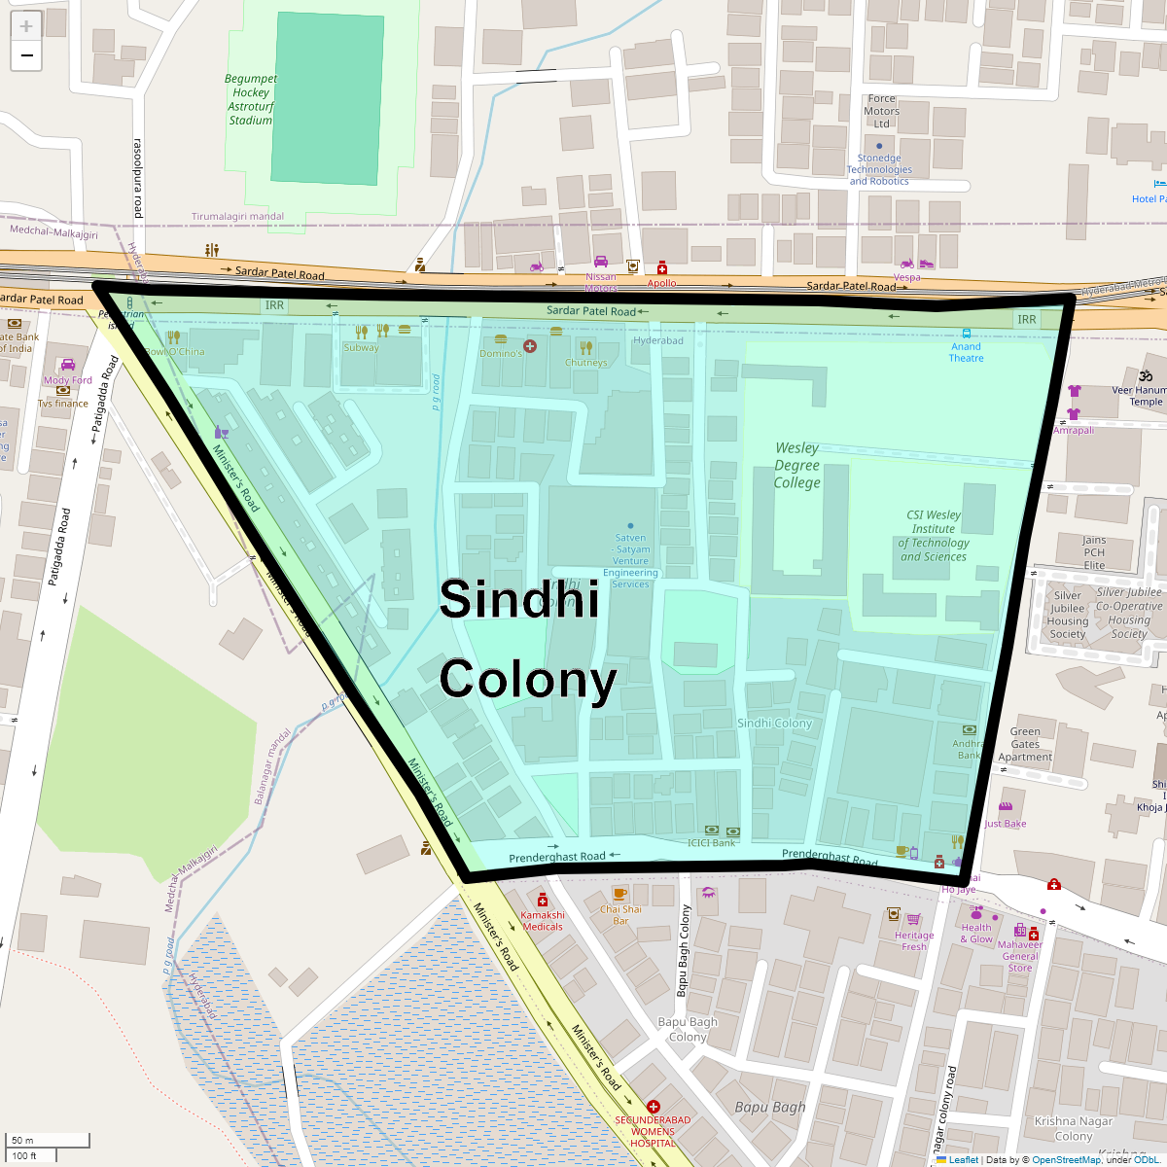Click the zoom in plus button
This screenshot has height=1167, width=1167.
[x=26, y=27]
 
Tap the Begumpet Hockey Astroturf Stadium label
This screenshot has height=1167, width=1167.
[x=251, y=99]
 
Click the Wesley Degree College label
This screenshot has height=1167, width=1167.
[x=797, y=465]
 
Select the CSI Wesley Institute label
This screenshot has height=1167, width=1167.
[x=934, y=536]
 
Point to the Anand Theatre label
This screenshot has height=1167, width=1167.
[x=966, y=352]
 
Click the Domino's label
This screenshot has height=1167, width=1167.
[x=501, y=353]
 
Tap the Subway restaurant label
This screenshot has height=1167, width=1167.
[x=361, y=347]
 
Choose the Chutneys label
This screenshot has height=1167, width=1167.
[x=585, y=363]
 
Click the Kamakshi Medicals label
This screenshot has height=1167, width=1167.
[x=543, y=920]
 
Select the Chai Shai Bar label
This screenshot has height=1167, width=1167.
[x=620, y=915]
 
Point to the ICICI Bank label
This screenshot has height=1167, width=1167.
[x=712, y=843]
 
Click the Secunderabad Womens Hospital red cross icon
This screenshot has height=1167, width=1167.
[x=654, y=1107]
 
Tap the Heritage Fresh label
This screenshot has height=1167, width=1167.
[x=914, y=940]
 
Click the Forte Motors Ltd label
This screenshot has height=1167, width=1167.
[x=882, y=111]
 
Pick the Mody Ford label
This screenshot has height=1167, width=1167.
[x=68, y=380]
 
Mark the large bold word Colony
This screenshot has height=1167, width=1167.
[x=528, y=680]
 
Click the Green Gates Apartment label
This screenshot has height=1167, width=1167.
[x=1025, y=744]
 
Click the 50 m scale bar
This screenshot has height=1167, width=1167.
[x=49, y=1141]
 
